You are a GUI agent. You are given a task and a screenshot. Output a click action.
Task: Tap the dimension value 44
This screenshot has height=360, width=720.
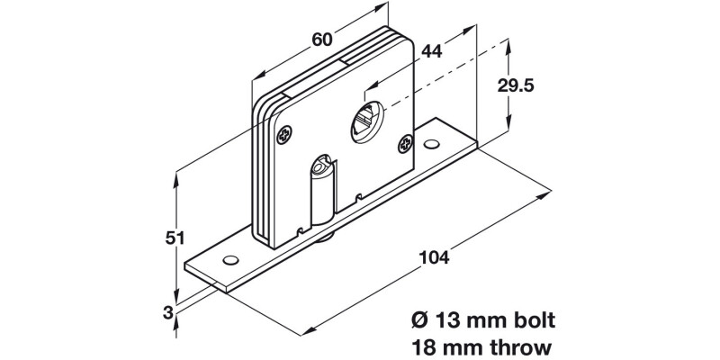(x=432, y=51)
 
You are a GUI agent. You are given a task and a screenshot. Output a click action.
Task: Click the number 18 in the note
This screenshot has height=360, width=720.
(x=423, y=346)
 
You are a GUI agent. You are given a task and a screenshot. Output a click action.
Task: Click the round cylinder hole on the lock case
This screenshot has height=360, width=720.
(x=366, y=119)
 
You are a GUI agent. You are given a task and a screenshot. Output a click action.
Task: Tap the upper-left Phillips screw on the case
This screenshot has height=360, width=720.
(x=285, y=135)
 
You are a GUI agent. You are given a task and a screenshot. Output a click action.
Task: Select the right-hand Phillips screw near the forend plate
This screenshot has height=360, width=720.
(x=407, y=143)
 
